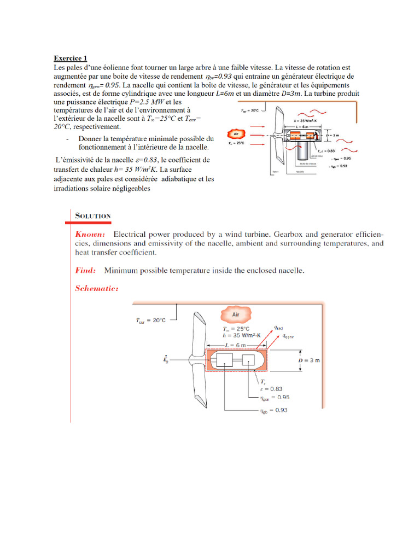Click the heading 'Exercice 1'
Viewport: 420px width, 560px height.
(70, 59)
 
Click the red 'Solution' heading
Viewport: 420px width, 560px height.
(93, 215)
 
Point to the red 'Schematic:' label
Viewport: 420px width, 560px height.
(97, 288)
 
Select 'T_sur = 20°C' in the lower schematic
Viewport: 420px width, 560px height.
(150, 321)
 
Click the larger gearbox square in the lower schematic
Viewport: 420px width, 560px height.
(225, 360)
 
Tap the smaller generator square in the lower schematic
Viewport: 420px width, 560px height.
(249, 360)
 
